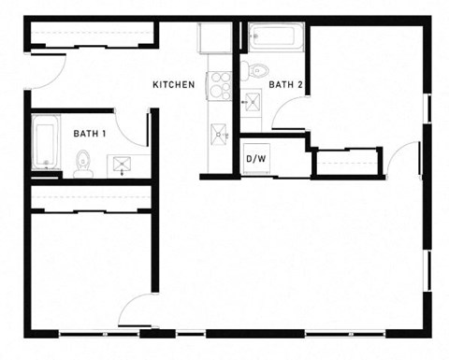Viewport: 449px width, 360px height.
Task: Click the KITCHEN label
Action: (x=174, y=85)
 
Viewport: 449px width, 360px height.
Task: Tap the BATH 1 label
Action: (x=89, y=134)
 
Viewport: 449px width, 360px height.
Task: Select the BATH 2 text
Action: (x=284, y=85)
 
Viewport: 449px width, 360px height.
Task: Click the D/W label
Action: (x=255, y=158)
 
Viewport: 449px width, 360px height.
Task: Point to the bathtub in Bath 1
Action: (x=45, y=142)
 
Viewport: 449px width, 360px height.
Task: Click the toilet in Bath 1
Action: (x=82, y=165)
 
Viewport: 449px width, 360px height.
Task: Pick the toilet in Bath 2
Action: (x=257, y=70)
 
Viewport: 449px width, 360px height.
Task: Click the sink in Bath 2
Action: (x=252, y=104)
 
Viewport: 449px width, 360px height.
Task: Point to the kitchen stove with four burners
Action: (x=221, y=85)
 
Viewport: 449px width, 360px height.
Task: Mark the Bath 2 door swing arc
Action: (x=289, y=116)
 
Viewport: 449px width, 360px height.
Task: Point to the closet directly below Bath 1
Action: (x=91, y=198)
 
